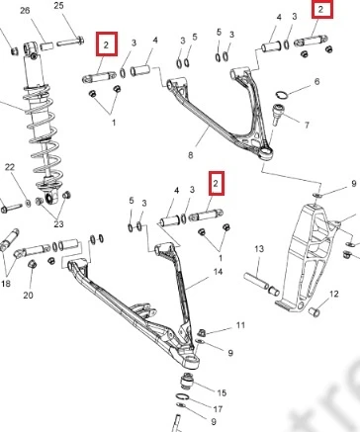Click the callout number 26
point(25,11)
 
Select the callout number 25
point(58,6)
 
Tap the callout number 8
point(191,155)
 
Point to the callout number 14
point(218,272)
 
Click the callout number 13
point(259,249)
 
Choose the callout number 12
point(334,294)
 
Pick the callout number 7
point(307,126)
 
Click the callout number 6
point(316,81)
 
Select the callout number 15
point(222,392)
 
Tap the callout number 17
point(218,409)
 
